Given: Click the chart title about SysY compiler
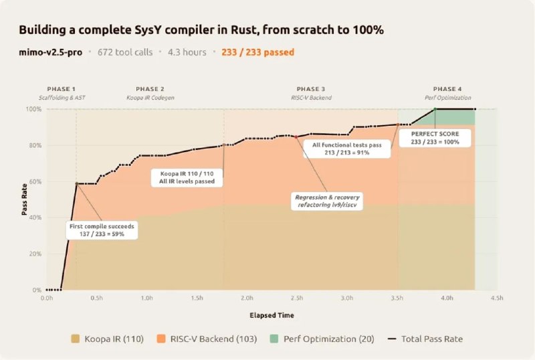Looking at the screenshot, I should pyautogui.click(x=201, y=31).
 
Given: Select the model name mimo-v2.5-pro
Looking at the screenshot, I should pyautogui.click(x=51, y=52).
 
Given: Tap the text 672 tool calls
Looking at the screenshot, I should pyautogui.click(x=125, y=52).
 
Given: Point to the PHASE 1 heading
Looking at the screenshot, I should pyautogui.click(x=61, y=89).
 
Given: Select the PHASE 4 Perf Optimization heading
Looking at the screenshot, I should pyautogui.click(x=447, y=93).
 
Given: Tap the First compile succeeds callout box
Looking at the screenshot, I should pyautogui.click(x=102, y=230).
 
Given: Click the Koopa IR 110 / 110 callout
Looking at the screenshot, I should pyautogui.click(x=187, y=177).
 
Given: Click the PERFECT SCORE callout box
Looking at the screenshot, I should pyautogui.click(x=435, y=137).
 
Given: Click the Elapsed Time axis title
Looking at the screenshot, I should pyautogui.click(x=272, y=314).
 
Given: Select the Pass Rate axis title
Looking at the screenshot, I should pyautogui.click(x=24, y=199).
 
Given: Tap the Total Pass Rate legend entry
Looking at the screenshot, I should pyautogui.click(x=424, y=339).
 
